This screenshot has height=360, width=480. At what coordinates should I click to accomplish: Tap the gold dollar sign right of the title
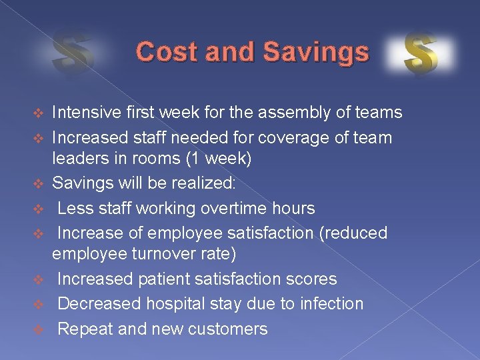(421, 54)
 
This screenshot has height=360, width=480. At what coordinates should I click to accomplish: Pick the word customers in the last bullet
(229, 329)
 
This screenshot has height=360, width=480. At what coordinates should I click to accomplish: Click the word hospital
(184, 304)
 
